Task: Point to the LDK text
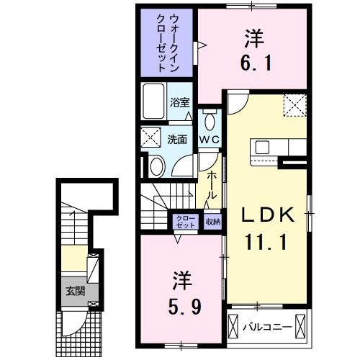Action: [x=267, y=215]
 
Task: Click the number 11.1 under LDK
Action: [x=267, y=243]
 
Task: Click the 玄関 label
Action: [x=76, y=291]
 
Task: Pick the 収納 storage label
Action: [x=212, y=222]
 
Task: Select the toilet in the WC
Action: [x=210, y=120]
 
